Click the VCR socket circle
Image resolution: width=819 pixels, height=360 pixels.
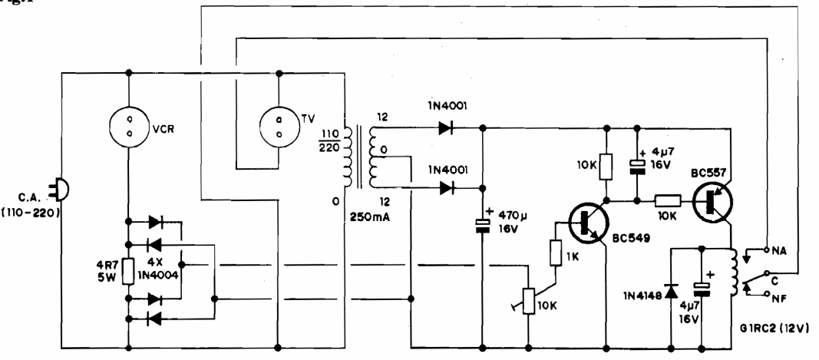[128, 125]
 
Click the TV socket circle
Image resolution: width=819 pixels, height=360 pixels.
[281, 125]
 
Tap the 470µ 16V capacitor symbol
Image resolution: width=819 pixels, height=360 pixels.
[484, 224]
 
